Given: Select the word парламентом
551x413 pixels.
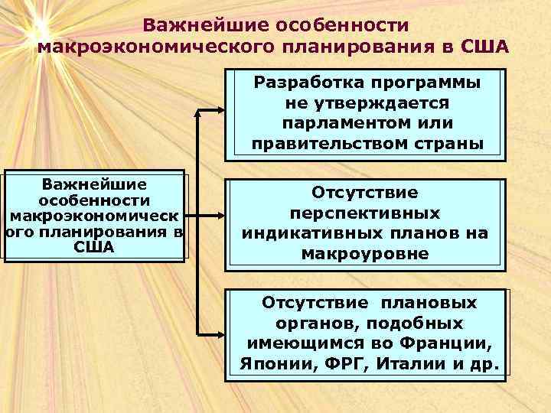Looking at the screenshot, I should pyautogui.click(x=332, y=123).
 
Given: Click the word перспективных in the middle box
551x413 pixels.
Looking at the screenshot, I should pyautogui.click(x=364, y=213).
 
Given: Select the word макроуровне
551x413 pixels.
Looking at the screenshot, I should pyautogui.click(x=364, y=253).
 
